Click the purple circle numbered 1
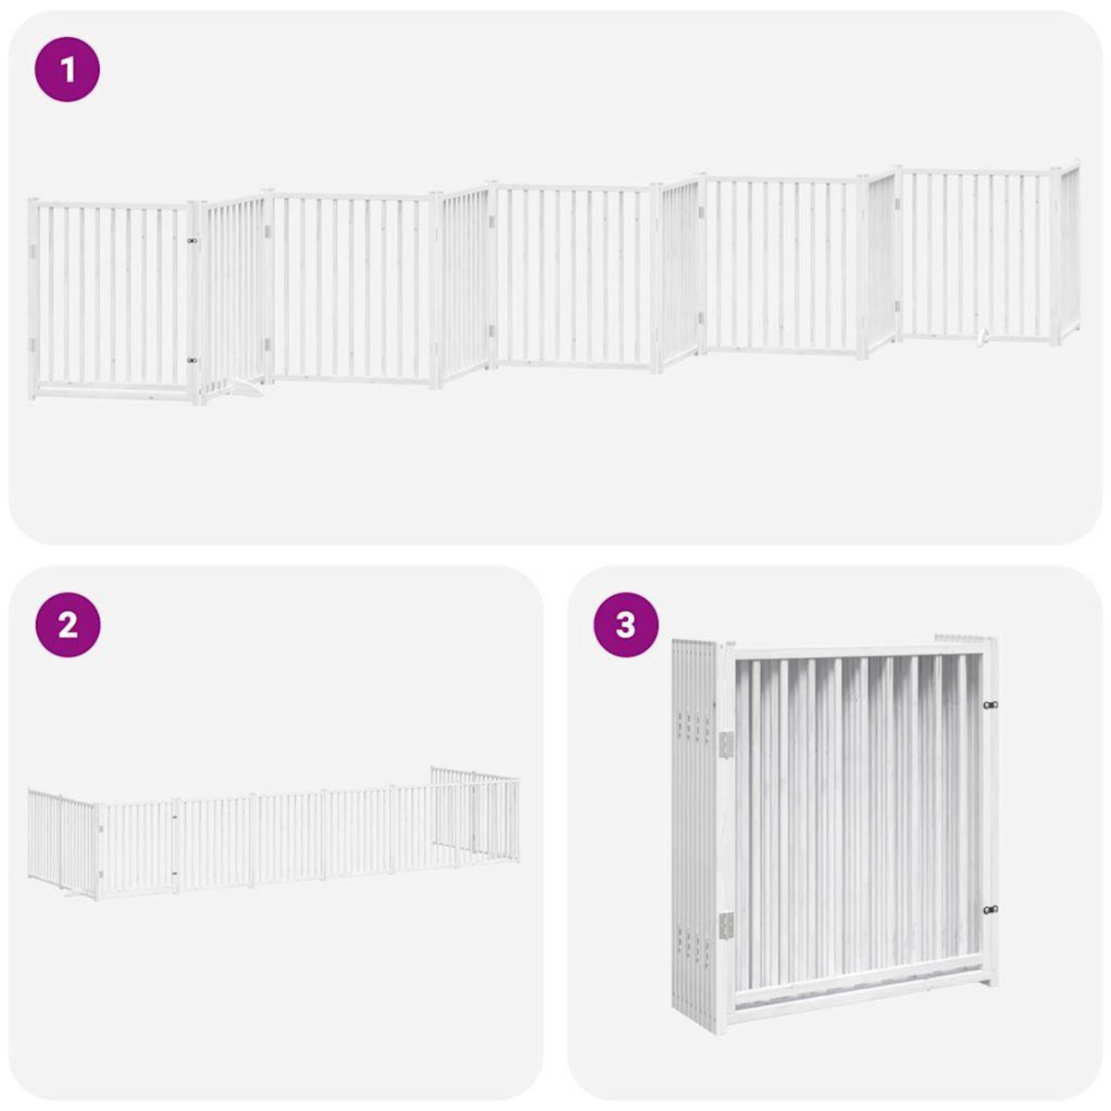(68, 69)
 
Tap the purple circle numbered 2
(68, 626)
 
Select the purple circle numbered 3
(626, 626)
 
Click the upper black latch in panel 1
(193, 241)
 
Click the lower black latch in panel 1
(193, 360)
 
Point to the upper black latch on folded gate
(991, 705)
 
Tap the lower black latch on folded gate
(991, 910)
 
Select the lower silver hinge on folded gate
(726, 924)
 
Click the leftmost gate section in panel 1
(111, 296)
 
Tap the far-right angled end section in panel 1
(1070, 252)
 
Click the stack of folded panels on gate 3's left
(694, 833)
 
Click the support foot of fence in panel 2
(71, 893)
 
